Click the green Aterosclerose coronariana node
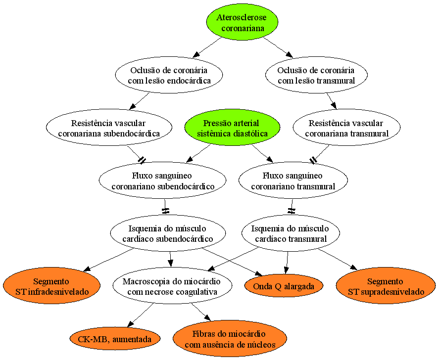pos(242,22)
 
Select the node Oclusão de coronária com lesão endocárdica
pos(169,75)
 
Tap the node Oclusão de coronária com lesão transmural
pos(316,75)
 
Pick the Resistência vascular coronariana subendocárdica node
pos(109,128)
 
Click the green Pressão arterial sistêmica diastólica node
pos(232,128)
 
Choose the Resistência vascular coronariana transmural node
pos(346,128)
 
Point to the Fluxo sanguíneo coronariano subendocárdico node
pos(162,180)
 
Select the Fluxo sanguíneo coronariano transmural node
pos(293,180)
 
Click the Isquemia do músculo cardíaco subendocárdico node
pos(168,233)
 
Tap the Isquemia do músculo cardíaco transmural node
pos(291,233)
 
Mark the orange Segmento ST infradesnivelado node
pos(51,286)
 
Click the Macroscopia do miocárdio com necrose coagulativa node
pos(172,286)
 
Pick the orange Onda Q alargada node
pos(284,286)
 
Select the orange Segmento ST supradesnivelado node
pos(386,286)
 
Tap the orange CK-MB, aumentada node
pos(115,339)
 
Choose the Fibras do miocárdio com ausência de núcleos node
pos(230,339)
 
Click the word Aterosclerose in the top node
pos(242,18)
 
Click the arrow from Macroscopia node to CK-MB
pos(140,315)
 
